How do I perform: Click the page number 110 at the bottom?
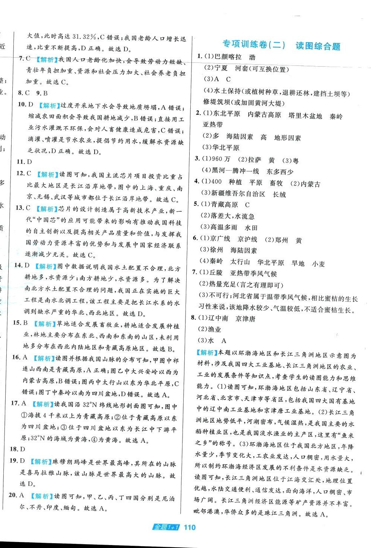(190, 527)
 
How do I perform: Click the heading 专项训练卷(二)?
(254, 45)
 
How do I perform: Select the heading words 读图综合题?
(318, 46)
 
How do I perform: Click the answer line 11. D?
(24, 162)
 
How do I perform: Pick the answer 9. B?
(42, 93)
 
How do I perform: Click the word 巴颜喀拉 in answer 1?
(228, 57)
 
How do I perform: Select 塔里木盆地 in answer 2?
(305, 116)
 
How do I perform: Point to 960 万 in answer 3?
(221, 159)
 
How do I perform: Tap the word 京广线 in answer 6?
(220, 239)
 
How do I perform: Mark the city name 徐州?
(217, 250)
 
